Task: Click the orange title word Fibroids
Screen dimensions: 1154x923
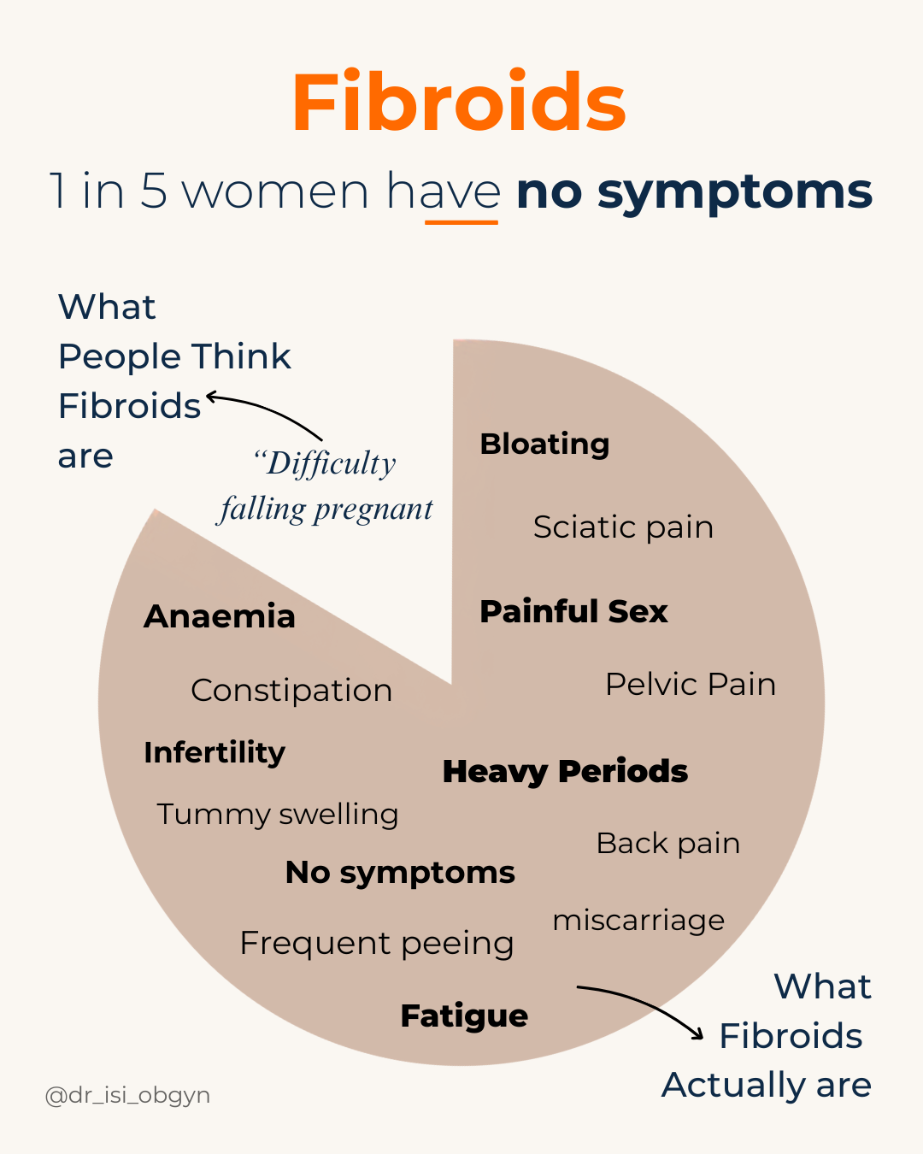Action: (x=459, y=103)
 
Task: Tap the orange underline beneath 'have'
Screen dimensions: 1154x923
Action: (x=461, y=222)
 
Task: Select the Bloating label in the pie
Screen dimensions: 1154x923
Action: (x=544, y=444)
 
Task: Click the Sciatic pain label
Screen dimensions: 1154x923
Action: (x=623, y=527)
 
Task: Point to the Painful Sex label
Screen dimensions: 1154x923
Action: (x=573, y=611)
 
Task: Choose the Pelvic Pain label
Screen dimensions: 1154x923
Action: (x=691, y=684)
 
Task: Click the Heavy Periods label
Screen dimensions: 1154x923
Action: (x=565, y=771)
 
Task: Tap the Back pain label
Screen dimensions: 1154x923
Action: (x=667, y=843)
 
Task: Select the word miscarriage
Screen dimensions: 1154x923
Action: (x=638, y=920)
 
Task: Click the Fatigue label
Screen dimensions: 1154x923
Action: (x=464, y=1016)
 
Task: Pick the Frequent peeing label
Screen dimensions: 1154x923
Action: (x=377, y=943)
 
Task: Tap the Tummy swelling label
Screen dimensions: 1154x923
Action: (x=278, y=814)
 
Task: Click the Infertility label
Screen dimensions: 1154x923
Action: (x=215, y=752)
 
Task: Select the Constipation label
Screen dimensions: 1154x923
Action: (x=291, y=690)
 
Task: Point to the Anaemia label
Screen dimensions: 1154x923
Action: (x=220, y=616)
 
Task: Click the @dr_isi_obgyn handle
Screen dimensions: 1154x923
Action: (x=127, y=1095)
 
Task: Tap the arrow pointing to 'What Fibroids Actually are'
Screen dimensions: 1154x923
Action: (x=641, y=1005)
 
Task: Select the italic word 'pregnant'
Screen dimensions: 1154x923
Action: (x=373, y=510)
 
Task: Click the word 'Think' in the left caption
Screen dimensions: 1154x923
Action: (x=241, y=356)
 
